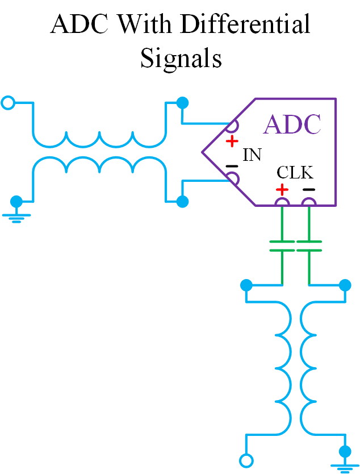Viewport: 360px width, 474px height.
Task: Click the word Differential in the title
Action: click(245, 26)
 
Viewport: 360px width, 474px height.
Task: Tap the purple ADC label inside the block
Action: click(292, 124)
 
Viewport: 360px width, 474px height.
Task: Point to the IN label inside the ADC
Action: click(252, 155)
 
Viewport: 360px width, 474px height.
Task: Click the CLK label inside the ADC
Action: click(295, 172)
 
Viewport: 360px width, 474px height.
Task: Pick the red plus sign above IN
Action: click(231, 140)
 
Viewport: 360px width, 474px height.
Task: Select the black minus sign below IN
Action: click(231, 167)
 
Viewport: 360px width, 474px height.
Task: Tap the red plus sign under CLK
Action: click(282, 189)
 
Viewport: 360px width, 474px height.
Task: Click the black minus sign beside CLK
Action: click(308, 189)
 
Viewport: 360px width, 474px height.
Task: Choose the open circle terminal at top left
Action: click(8, 103)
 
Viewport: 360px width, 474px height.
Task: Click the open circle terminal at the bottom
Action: click(246, 460)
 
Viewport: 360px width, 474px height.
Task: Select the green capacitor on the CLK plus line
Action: click(282, 246)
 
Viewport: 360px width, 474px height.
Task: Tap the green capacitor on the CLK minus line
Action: click(309, 246)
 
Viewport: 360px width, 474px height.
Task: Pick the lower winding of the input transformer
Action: click(99, 165)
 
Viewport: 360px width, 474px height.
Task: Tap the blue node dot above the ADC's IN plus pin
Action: click(182, 103)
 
